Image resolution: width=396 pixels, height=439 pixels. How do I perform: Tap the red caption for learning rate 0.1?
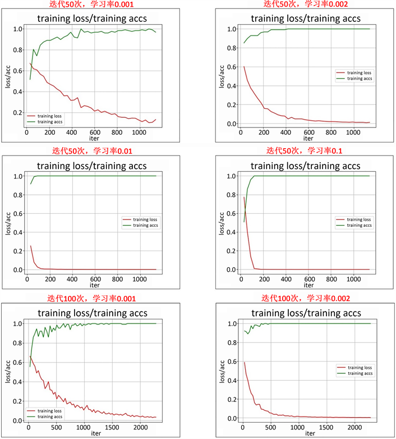305,151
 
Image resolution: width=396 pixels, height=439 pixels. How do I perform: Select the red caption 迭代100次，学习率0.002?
305,299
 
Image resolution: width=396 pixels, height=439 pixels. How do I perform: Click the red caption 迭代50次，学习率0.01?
93,151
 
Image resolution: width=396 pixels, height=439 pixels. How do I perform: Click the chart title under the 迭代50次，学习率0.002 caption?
306,18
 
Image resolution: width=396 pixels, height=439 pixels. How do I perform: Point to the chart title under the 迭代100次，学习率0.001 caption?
93,313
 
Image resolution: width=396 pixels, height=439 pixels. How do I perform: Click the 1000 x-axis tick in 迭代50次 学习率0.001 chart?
139,133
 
